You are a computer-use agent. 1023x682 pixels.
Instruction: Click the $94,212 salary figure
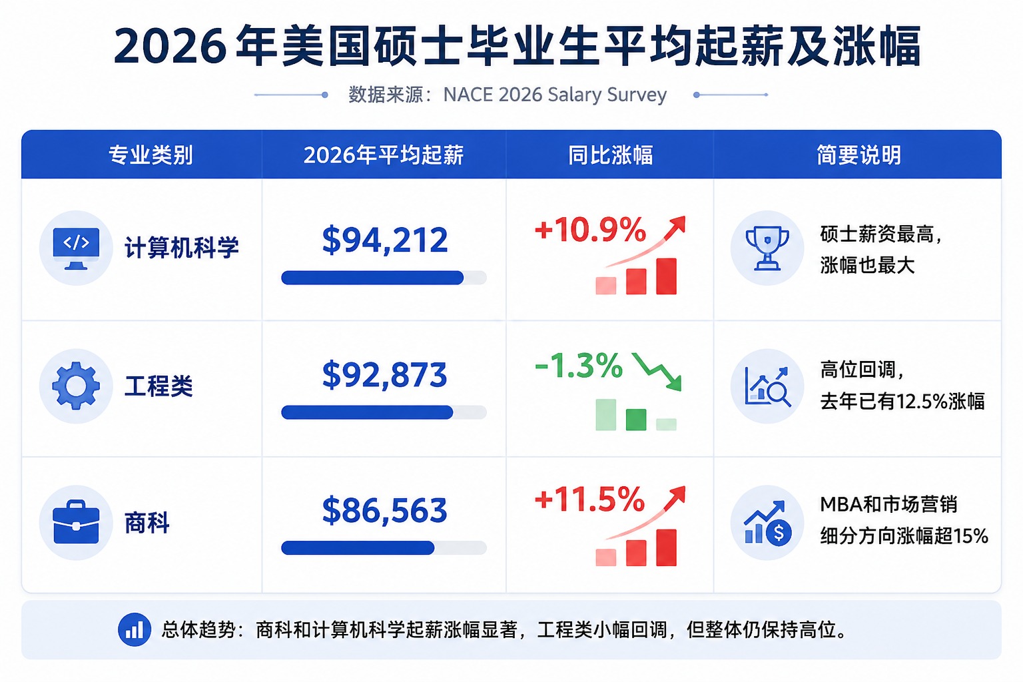coord(384,240)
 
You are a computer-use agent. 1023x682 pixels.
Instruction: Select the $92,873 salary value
coord(384,374)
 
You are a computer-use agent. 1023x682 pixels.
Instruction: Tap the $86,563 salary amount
coord(384,510)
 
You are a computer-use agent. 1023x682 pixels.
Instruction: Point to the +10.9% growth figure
coord(590,229)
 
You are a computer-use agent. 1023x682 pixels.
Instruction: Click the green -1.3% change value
coord(578,366)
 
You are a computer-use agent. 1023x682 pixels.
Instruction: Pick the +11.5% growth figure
coord(589,500)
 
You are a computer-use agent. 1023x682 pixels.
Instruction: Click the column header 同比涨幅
coord(610,155)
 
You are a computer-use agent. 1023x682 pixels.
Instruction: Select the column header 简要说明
coord(858,155)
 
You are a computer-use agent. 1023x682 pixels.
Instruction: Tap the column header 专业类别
coord(151,155)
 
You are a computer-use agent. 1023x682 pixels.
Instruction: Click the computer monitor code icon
coord(76,248)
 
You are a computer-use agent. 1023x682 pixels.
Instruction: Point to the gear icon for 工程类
coord(76,386)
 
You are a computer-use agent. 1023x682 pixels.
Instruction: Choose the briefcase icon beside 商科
coord(76,522)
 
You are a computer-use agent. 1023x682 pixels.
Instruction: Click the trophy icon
coord(767,248)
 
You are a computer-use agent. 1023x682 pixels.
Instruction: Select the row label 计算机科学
coord(181,248)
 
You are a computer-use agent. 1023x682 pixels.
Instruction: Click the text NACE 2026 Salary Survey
coord(555,95)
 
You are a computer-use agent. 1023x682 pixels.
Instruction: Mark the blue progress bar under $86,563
coord(358,547)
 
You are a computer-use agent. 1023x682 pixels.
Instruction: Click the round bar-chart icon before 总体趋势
coord(135,629)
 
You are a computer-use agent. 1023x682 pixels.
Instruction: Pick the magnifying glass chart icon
coord(767,386)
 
